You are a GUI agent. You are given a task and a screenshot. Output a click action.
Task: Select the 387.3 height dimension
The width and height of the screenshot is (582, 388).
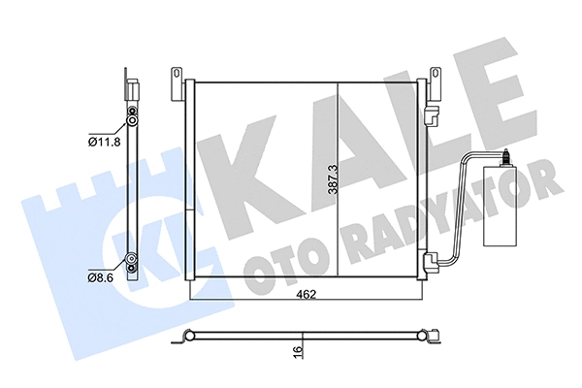pyautogui.click(x=332, y=179)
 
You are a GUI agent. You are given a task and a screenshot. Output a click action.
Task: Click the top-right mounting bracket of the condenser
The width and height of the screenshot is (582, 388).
pyautogui.click(x=433, y=77)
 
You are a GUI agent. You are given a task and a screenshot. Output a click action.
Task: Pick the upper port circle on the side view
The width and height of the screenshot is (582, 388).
pyautogui.click(x=131, y=123)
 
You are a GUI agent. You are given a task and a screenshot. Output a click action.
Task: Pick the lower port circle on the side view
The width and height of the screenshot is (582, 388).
pyautogui.click(x=131, y=259)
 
